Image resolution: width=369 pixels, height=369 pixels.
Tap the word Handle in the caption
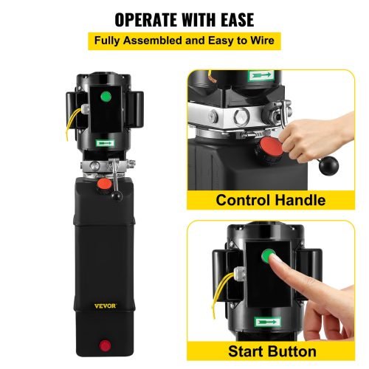click(303, 200)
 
